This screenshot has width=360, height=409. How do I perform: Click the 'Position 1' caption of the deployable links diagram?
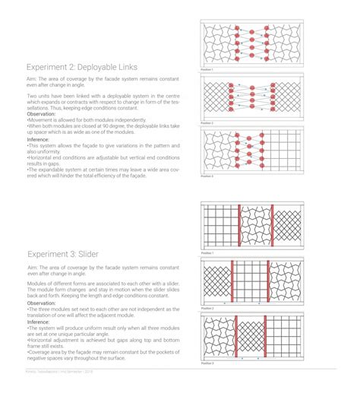207,69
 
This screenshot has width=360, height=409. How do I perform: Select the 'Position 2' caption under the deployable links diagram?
207,122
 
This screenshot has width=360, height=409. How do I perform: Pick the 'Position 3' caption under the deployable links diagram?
207,176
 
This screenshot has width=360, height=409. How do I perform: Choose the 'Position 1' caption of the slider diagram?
207,252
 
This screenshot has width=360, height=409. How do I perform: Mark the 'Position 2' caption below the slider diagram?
207,308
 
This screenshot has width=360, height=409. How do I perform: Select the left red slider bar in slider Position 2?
232,282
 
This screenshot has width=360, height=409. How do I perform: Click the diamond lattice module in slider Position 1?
286,227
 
